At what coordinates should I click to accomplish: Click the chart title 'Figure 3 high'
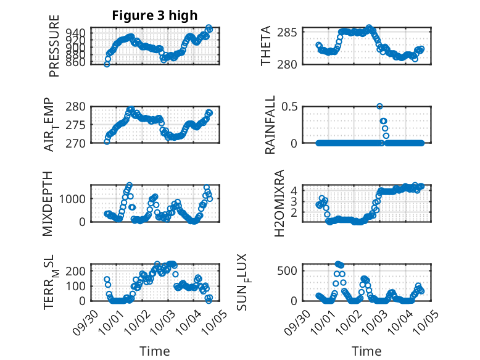coord(154,15)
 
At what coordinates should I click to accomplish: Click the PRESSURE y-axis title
coord(54,46)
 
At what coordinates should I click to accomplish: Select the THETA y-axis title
coord(266,46)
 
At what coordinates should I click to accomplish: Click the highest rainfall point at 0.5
coord(379,106)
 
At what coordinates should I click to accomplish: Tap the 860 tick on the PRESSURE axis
coord(78,62)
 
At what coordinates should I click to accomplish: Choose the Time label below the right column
coord(366,351)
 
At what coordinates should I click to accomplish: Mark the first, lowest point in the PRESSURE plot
coord(107,64)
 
